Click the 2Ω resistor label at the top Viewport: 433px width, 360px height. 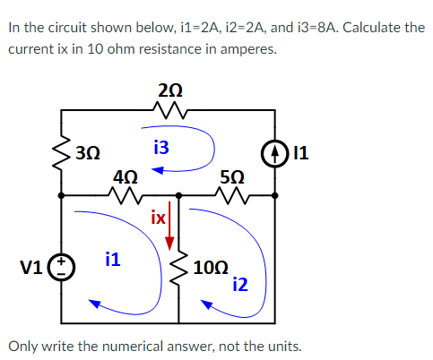pyautogui.click(x=168, y=89)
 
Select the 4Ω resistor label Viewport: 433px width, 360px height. pyautogui.click(x=125, y=176)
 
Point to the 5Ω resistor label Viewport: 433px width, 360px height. pyautogui.click(x=231, y=176)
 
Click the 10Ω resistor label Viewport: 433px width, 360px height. pyautogui.click(x=214, y=266)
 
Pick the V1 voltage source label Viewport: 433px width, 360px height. pyautogui.click(x=30, y=266)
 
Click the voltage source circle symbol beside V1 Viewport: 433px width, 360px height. pyautogui.click(x=61, y=266)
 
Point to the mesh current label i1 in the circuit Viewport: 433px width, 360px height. pyautogui.click(x=113, y=260)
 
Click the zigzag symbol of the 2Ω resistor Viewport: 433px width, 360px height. pyautogui.click(x=168, y=110)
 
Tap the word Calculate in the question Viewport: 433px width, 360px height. pyautogui.click(x=361, y=27)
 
